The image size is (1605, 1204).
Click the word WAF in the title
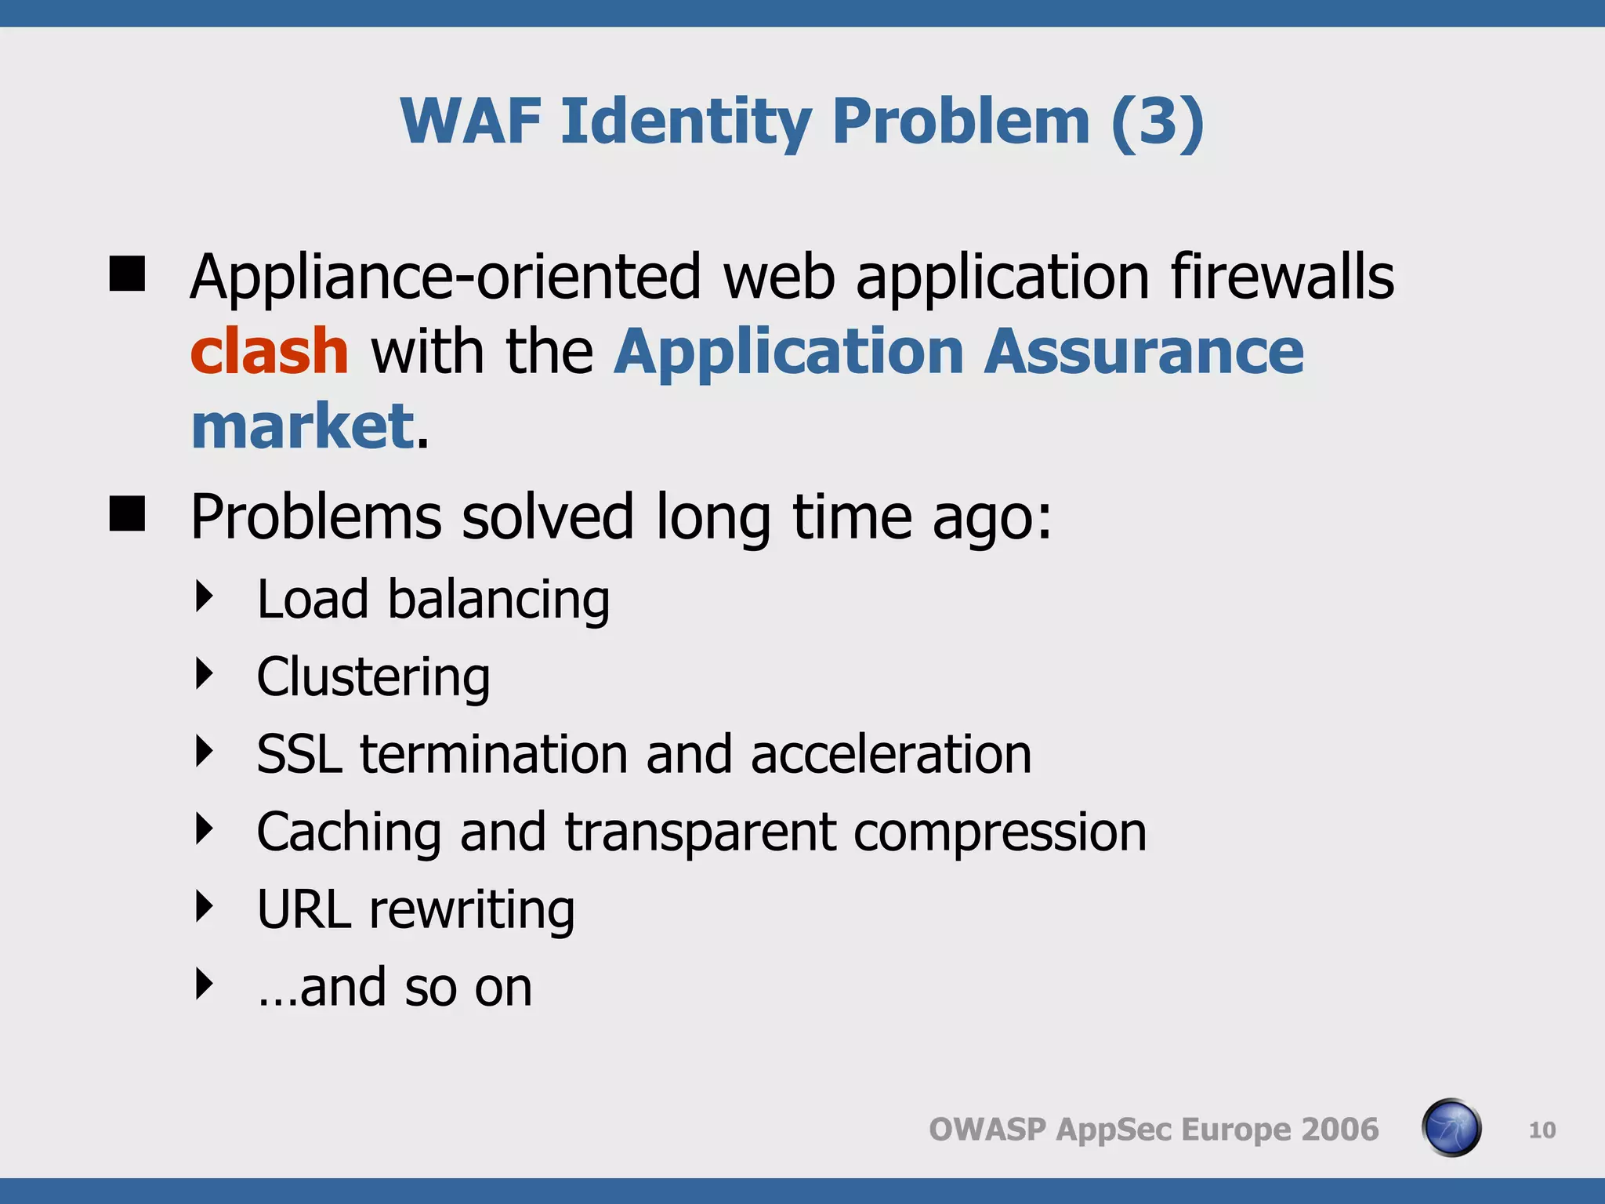point(469,121)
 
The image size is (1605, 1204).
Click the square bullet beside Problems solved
point(127,514)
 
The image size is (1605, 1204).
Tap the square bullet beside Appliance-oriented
point(127,274)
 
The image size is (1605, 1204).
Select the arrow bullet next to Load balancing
point(205,597)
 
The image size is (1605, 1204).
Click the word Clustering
point(373,676)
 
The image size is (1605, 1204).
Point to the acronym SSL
point(299,754)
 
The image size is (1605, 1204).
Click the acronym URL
point(304,909)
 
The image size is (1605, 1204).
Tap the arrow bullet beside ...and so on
point(205,984)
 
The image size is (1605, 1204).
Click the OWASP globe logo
point(1451,1128)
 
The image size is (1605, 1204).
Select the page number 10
point(1542,1130)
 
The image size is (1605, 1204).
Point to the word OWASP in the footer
point(987,1130)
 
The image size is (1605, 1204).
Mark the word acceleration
point(891,754)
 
